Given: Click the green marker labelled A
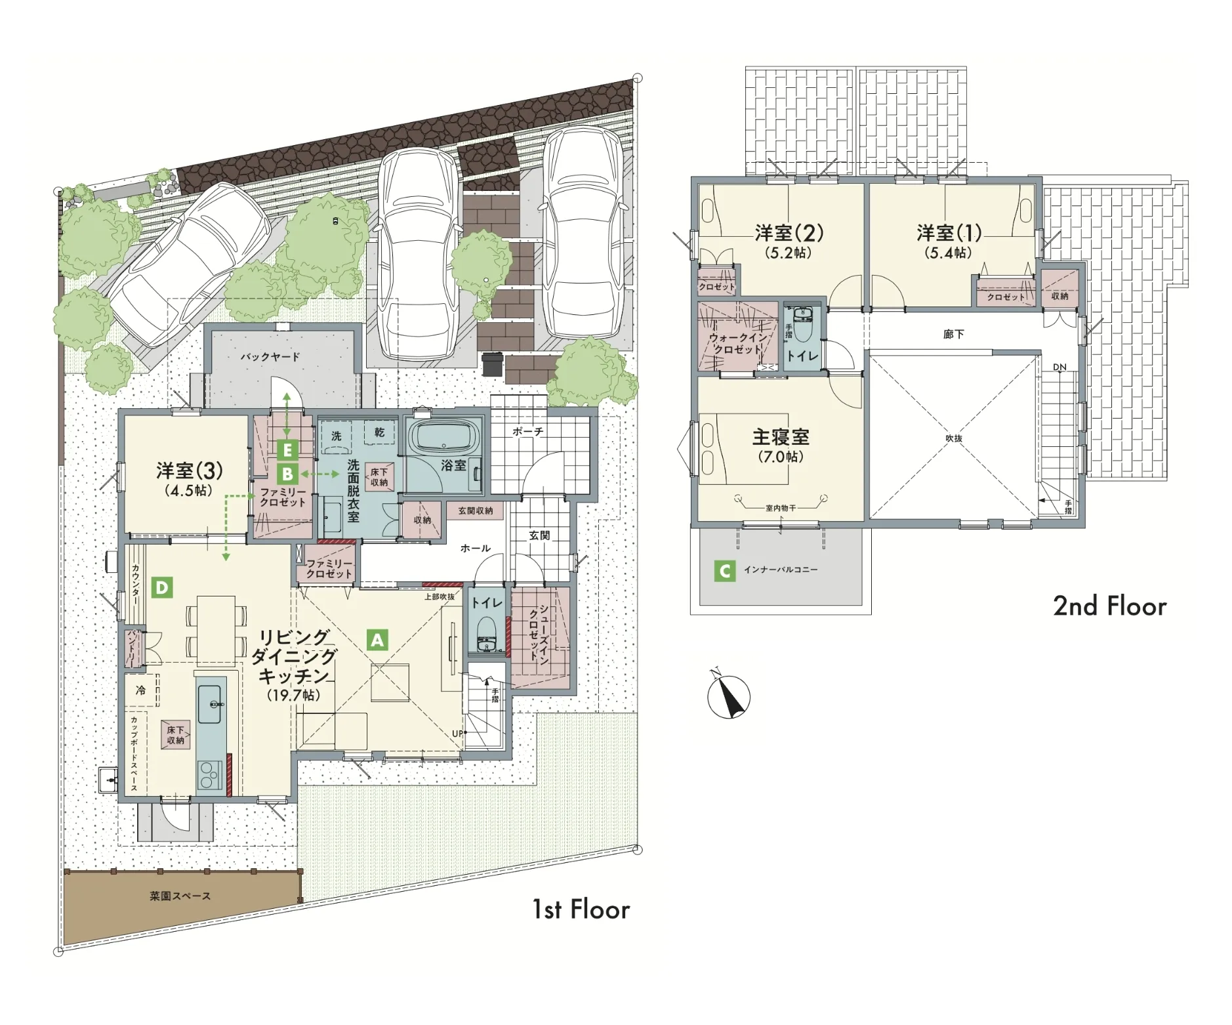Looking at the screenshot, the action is pyautogui.click(x=377, y=640).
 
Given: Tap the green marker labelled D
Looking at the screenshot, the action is pyautogui.click(x=162, y=587).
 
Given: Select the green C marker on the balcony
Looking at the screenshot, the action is pyautogui.click(x=724, y=571).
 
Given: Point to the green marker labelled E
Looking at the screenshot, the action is pyautogui.click(x=287, y=450).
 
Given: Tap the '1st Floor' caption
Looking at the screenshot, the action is pyautogui.click(x=581, y=910).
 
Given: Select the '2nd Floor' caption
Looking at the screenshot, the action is pyautogui.click(x=1110, y=606).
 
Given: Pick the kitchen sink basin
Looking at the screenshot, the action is pyautogui.click(x=210, y=703).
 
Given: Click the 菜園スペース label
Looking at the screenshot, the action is pyautogui.click(x=180, y=896).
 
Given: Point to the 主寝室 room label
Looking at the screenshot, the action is pyautogui.click(x=781, y=436).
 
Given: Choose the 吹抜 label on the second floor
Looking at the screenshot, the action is pyautogui.click(x=954, y=438).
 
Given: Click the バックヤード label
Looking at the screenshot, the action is pyautogui.click(x=270, y=356).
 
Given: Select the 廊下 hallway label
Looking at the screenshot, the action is pyautogui.click(x=954, y=334).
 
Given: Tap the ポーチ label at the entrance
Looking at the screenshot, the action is pyautogui.click(x=528, y=432).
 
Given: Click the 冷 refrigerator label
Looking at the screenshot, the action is pyautogui.click(x=140, y=690).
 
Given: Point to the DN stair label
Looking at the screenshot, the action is pyautogui.click(x=1059, y=367).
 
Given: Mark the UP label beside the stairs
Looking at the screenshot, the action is pyautogui.click(x=458, y=733).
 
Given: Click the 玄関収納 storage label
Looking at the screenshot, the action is pyautogui.click(x=476, y=510).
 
